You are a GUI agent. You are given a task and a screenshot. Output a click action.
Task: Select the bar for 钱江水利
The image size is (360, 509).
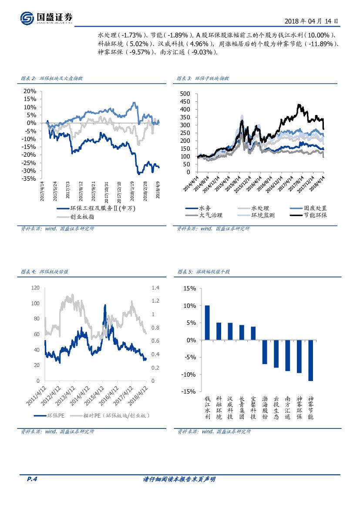(x=207, y=323)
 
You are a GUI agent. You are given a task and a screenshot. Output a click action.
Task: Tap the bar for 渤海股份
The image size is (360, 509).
(x=265, y=352)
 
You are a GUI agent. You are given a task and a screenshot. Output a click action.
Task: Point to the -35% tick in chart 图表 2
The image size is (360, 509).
(x=29, y=179)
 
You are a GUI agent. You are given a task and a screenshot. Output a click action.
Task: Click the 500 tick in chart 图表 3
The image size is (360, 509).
(x=185, y=94)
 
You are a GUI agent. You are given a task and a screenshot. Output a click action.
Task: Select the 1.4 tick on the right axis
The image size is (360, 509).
(x=156, y=288)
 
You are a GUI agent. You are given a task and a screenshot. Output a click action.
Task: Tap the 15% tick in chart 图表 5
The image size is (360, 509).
(x=190, y=288)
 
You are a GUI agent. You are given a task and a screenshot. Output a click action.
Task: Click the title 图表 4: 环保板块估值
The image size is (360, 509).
(x=44, y=272)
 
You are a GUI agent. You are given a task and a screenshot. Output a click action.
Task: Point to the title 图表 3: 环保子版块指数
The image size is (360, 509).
(x=203, y=78)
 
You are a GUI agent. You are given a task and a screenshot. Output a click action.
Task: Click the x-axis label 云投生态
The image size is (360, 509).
(x=276, y=408)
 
